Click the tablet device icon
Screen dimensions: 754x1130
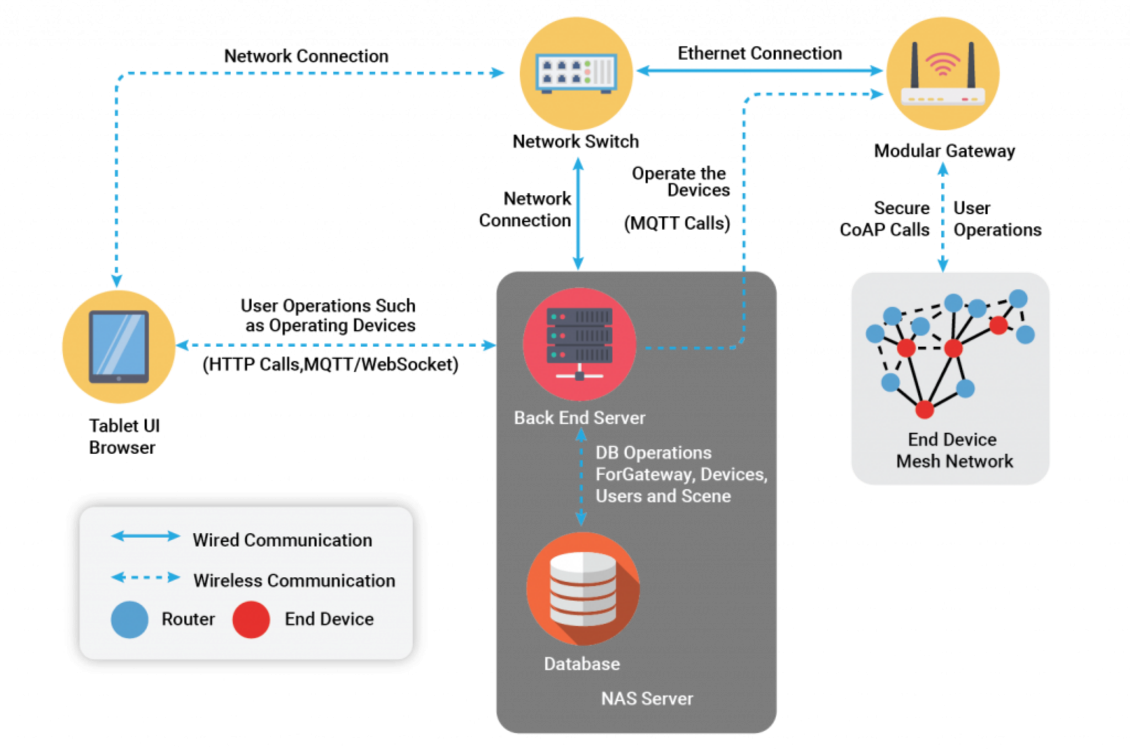pyautogui.click(x=119, y=347)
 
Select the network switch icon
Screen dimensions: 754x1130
pyautogui.click(x=576, y=73)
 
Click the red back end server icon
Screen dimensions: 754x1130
pyautogui.click(x=579, y=344)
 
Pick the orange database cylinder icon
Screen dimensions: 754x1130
pyautogui.click(x=583, y=588)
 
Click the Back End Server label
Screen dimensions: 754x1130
pyautogui.click(x=579, y=418)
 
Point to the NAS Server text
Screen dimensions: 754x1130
pyautogui.click(x=647, y=699)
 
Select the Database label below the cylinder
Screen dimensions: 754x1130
pyautogui.click(x=582, y=663)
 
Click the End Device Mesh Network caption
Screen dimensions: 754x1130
pyautogui.click(x=954, y=450)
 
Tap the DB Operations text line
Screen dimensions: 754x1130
pyautogui.click(x=653, y=453)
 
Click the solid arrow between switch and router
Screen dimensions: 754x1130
pyautogui.click(x=759, y=71)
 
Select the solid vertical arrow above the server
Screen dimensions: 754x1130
pyautogui.click(x=578, y=213)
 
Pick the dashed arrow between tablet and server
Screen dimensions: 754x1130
pyautogui.click(x=337, y=345)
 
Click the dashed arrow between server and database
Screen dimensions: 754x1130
pyautogui.click(x=581, y=478)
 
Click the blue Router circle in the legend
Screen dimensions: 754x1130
pyautogui.click(x=130, y=619)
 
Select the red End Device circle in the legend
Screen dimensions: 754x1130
pyautogui.click(x=251, y=619)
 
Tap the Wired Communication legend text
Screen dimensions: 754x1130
pyautogui.click(x=282, y=540)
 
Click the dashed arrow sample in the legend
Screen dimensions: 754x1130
pyautogui.click(x=146, y=578)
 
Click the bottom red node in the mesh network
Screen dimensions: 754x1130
pyautogui.click(x=924, y=410)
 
